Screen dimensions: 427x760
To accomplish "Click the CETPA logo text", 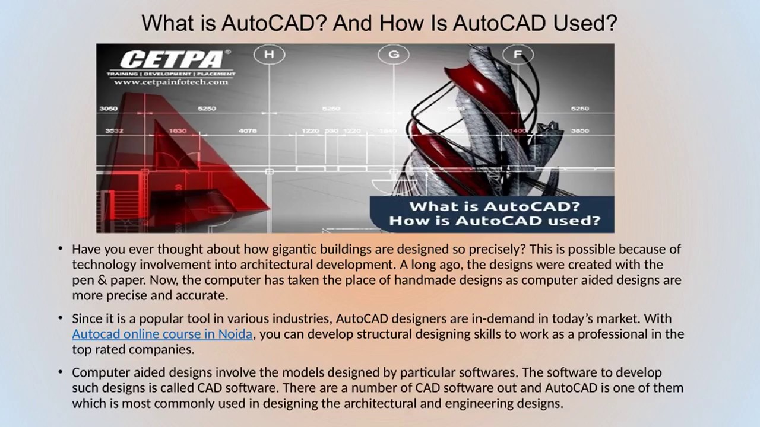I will (172, 59).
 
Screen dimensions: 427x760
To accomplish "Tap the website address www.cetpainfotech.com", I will (172, 82).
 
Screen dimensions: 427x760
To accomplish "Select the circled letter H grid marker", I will (269, 55).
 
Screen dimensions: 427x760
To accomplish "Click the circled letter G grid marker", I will (394, 55).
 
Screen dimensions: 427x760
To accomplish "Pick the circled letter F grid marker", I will (518, 55).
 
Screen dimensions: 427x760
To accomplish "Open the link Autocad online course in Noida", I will (162, 334).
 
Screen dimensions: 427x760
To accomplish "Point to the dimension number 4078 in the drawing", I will (248, 130).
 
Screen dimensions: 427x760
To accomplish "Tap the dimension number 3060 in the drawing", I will (108, 109).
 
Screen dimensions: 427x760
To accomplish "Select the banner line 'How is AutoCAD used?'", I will (494, 221).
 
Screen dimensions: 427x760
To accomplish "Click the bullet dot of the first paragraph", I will (61, 248).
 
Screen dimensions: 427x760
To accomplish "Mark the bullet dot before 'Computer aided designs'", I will (61, 372).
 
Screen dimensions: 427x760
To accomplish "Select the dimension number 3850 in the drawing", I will (579, 130).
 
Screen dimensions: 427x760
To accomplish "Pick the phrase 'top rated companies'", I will (133, 349).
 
